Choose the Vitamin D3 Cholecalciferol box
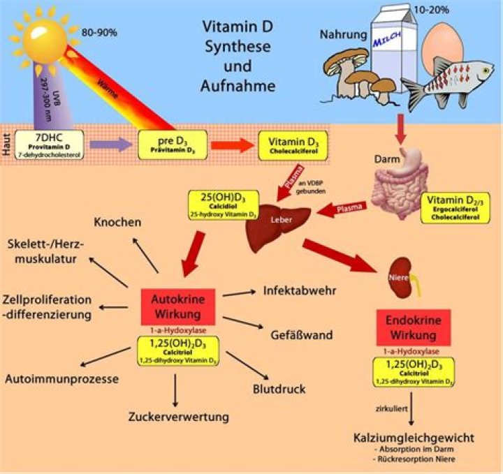tap(286, 144)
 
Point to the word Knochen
tap(117, 223)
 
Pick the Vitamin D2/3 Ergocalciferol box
tap(460, 207)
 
